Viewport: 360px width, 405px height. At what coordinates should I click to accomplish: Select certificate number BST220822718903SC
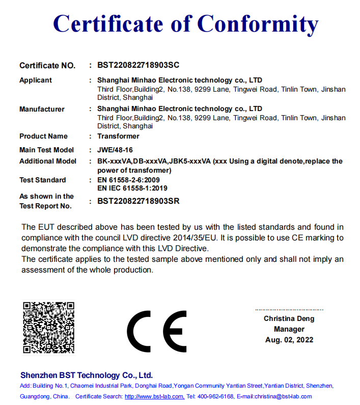coord(139,65)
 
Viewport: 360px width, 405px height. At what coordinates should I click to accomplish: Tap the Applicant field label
coord(36,80)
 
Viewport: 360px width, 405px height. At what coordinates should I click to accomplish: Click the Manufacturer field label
coord(42,109)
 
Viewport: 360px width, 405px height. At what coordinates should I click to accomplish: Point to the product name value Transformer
coord(118,136)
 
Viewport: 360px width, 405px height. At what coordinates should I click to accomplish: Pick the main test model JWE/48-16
coord(115,150)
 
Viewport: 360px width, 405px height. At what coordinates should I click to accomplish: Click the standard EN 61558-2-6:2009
coord(128,180)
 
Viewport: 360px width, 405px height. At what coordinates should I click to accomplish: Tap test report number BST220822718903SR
coord(139,201)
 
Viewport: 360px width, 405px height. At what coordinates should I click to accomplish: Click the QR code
coord(49,327)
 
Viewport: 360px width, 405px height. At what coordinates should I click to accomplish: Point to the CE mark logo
coord(157,330)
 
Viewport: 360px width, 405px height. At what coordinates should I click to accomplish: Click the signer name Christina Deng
coord(289,319)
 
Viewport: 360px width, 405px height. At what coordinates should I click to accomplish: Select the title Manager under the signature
coord(289,329)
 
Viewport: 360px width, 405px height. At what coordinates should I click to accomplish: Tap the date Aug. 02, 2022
coord(289,340)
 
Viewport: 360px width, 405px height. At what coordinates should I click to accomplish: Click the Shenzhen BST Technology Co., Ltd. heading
coord(87,375)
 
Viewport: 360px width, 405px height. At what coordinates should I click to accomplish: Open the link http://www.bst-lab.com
coord(154,396)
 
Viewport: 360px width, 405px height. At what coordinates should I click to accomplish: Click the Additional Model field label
coord(48,161)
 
